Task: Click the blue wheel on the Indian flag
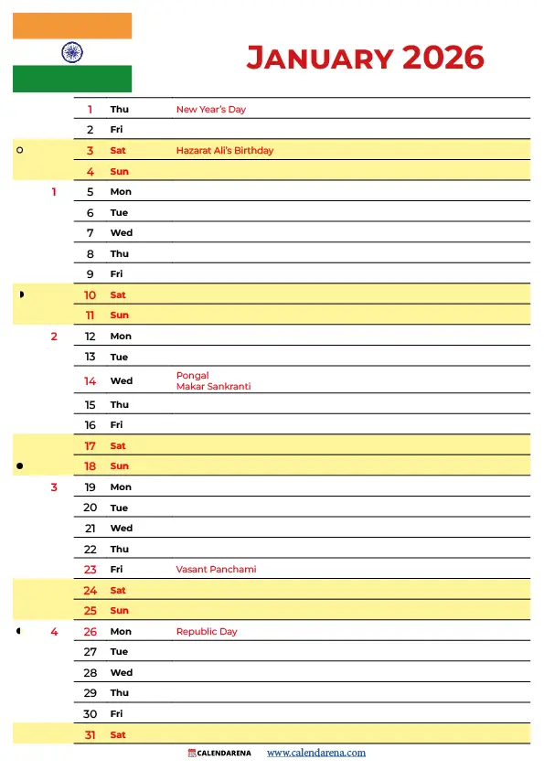pos(72,52)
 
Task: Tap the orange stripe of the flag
pos(72,26)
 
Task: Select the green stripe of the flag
pos(72,80)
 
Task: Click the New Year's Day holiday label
pos(211,110)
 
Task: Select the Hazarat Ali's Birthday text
pos(225,151)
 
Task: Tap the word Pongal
pos(193,375)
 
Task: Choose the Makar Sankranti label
pos(213,387)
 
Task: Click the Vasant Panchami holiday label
pos(216,570)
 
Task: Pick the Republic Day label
pos(207,632)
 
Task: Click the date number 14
pos(91,381)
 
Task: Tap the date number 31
pos(91,735)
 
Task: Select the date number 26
pos(91,632)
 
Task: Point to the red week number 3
pos(54,487)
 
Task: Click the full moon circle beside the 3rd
pos(20,150)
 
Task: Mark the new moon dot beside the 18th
pos(20,466)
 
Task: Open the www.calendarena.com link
pos(316,754)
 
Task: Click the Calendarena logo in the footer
pos(219,754)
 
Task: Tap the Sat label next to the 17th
pos(118,446)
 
